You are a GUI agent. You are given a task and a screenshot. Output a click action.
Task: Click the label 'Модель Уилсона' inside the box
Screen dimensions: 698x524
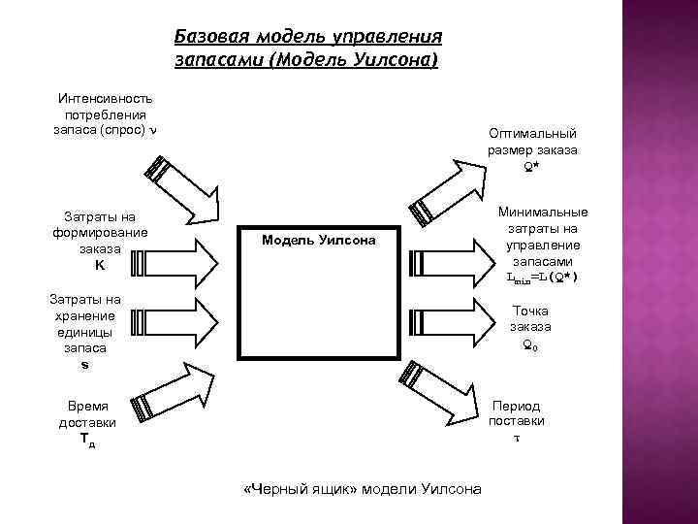(317, 240)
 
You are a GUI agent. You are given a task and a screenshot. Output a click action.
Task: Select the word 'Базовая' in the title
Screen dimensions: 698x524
(210, 37)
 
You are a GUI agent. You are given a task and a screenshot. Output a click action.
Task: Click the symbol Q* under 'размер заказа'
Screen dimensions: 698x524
(532, 167)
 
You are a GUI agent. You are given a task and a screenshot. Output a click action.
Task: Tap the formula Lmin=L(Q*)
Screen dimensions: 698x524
(542, 278)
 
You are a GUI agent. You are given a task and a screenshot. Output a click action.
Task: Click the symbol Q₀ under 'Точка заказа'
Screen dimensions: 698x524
(530, 344)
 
